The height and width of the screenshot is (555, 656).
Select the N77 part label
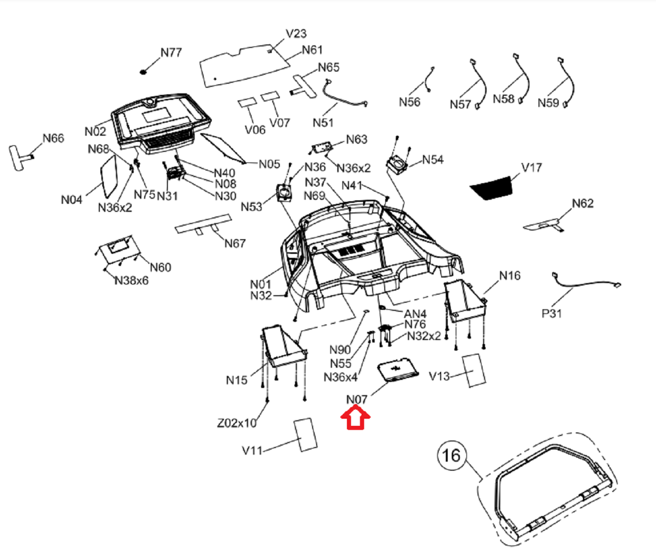171,52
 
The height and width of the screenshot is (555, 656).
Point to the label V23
296,34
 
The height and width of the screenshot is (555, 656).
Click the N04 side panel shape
109,177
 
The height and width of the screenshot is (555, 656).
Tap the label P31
552,313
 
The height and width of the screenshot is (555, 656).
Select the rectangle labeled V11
305,434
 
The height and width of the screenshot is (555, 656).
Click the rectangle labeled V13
473,370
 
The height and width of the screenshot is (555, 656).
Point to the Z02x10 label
237,423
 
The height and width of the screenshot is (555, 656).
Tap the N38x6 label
132,281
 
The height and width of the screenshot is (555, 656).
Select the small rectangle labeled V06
247,102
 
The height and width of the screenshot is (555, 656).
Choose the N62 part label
583,203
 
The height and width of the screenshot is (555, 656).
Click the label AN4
415,314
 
